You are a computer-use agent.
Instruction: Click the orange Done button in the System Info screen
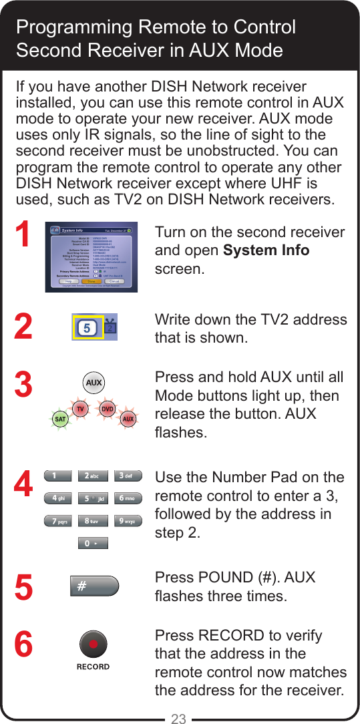tap(91, 281)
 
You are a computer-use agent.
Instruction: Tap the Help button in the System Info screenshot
tap(68, 281)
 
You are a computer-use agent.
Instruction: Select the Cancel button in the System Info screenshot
tap(114, 281)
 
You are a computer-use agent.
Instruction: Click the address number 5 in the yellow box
tap(87, 328)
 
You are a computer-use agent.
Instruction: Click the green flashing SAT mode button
tap(59, 419)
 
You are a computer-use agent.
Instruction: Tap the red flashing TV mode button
tap(79, 408)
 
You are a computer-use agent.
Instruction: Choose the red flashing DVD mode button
tap(107, 408)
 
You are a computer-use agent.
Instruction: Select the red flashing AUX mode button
tap(128, 419)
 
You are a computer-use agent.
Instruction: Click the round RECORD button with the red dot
tap(93, 645)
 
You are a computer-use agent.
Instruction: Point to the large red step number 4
tap(23, 485)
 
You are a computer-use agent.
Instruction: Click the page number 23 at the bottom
tap(178, 719)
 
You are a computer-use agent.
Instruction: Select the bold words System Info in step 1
tap(266, 251)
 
